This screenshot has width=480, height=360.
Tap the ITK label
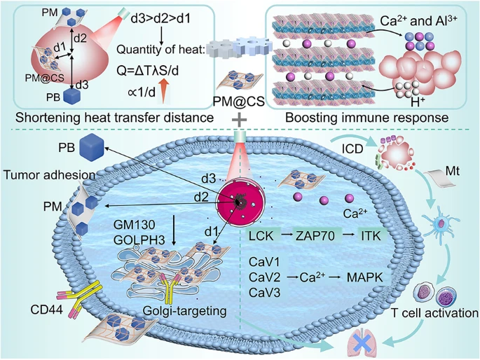(x=371, y=237)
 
